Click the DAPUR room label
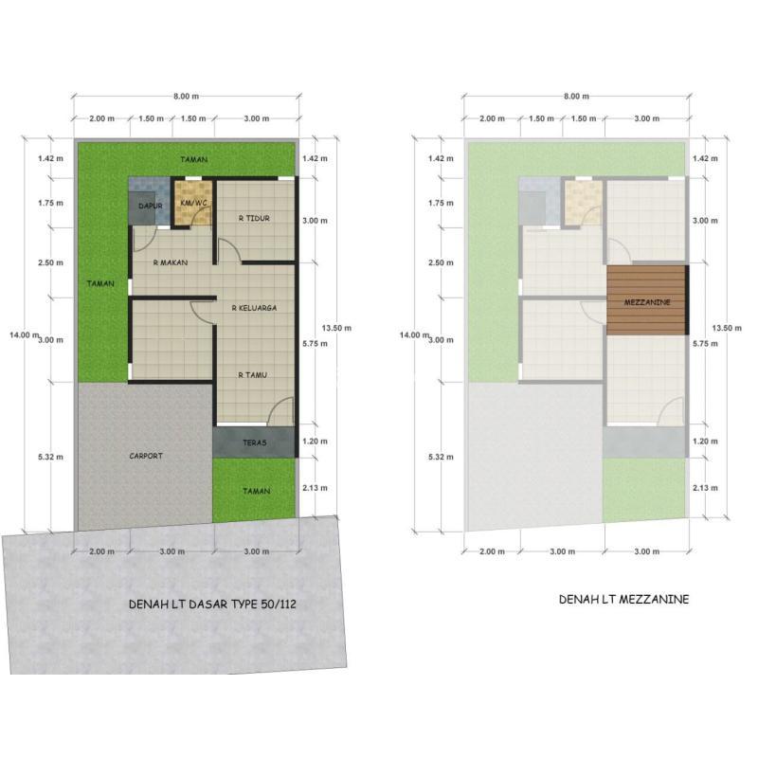[151, 206]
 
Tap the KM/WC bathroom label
[193, 203]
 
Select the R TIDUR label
[254, 219]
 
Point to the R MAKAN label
[171, 263]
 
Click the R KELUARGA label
[254, 308]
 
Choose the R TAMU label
[252, 375]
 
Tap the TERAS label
[254, 442]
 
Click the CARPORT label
[146, 456]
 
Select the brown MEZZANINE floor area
[647, 300]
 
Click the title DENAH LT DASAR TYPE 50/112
[212, 605]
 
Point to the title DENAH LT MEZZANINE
[624, 600]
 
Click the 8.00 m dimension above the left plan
[186, 97]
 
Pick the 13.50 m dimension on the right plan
[727, 328]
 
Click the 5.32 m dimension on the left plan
[51, 457]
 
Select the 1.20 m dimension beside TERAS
[315, 442]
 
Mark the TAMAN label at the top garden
[194, 159]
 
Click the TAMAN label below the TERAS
[256, 491]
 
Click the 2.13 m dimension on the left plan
[315, 488]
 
